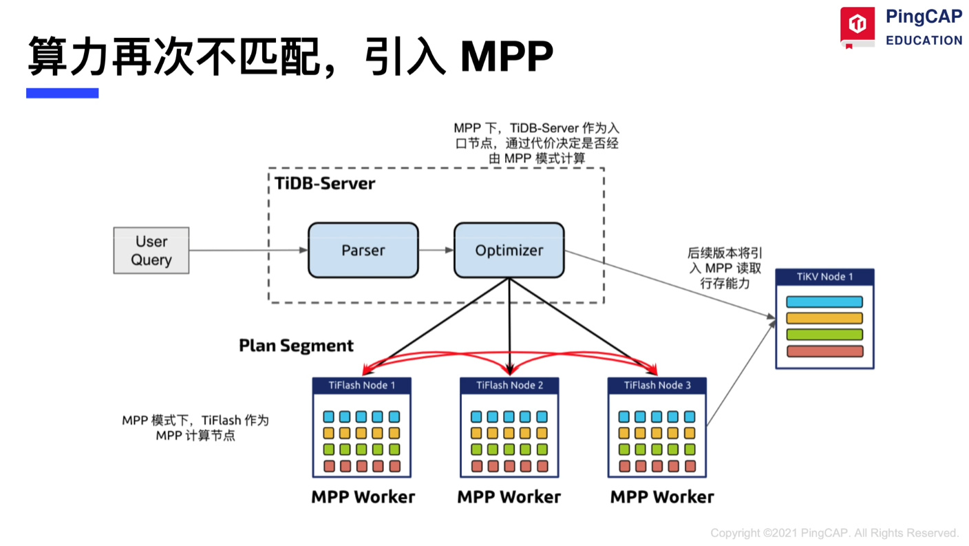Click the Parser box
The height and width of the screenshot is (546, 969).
[363, 251]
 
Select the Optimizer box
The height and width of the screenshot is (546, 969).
[509, 251]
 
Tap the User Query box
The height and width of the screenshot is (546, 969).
[151, 251]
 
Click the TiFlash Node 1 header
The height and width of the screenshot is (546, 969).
[362, 386]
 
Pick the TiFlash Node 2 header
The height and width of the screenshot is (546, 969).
[509, 386]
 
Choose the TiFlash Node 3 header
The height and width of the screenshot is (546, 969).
[657, 386]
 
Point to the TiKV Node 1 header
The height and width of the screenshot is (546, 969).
[824, 277]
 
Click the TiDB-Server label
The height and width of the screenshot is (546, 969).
[325, 184]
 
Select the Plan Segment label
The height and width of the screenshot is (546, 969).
[296, 346]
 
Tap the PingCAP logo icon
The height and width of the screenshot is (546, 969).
[858, 25]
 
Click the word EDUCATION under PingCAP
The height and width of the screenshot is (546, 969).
[924, 41]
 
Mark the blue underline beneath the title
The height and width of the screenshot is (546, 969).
[63, 94]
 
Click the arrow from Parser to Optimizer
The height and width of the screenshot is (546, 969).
[436, 250]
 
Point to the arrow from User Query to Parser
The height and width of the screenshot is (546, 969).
[248, 250]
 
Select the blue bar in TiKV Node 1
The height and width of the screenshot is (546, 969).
[824, 302]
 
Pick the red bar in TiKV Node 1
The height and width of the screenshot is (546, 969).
[824, 351]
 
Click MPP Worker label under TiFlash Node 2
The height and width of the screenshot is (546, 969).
[509, 497]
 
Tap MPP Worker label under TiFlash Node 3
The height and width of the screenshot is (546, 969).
[662, 497]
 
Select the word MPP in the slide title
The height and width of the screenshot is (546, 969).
[507, 56]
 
